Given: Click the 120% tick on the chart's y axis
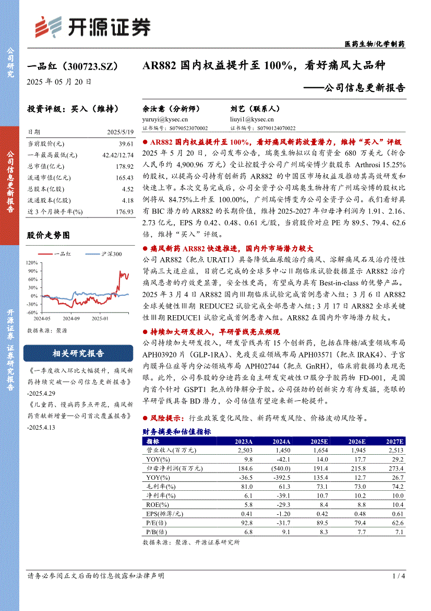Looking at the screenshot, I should tap(31, 262).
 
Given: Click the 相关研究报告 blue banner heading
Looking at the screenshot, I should tap(78, 353).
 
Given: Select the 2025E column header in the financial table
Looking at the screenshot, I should tap(318, 441).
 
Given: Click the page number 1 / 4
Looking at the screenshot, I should tap(398, 575).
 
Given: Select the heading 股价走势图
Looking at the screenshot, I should tap(48, 235).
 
